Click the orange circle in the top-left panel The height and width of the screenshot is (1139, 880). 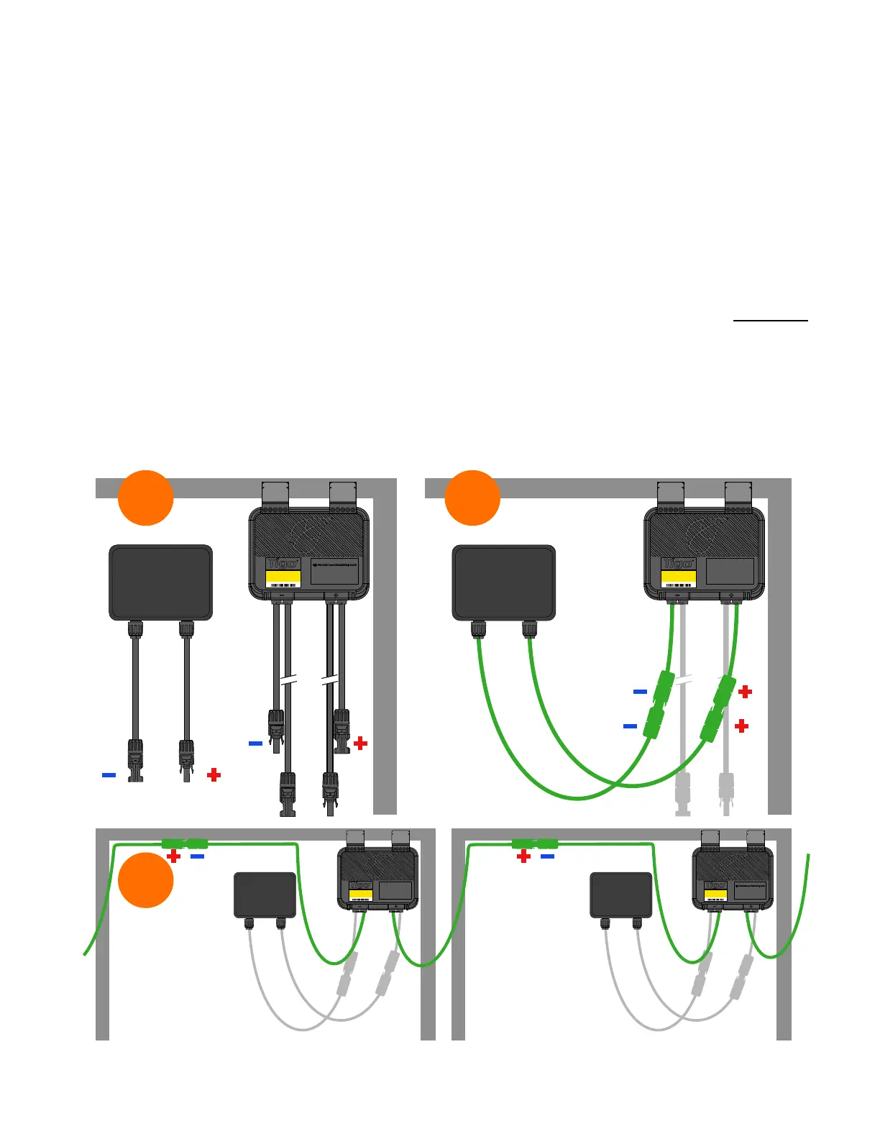145,498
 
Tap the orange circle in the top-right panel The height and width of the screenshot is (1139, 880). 472,498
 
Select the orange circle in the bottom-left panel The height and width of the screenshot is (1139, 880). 145,880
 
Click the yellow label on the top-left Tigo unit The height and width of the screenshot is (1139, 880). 283,577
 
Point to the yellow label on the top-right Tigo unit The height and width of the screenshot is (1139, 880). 678,577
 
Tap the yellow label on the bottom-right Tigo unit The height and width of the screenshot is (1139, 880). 715,895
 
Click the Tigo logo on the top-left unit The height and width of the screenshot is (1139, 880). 283,564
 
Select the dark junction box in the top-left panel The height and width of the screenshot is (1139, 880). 160,582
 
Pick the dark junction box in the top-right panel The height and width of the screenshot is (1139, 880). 504,582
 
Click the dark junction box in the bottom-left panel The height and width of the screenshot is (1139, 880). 265,895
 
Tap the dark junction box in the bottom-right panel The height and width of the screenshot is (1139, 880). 620,895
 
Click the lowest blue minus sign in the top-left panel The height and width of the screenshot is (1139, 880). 109,775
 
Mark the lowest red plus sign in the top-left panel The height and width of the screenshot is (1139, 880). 214,775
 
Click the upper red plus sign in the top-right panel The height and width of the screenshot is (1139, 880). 746,692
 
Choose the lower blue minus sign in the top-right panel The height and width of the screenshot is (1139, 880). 630,726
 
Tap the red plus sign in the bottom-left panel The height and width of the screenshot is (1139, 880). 173,856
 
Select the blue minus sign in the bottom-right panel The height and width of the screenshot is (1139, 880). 547,856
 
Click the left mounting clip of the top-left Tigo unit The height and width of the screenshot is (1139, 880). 275,493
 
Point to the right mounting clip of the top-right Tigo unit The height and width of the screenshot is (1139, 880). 738,493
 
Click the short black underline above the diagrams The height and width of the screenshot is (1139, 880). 770,320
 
